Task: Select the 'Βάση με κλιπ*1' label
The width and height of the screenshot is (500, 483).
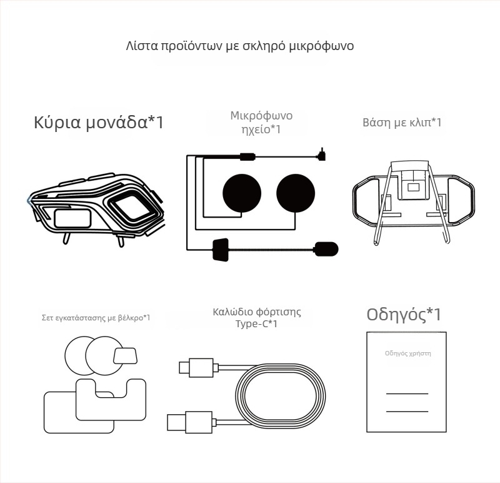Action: coord(402,122)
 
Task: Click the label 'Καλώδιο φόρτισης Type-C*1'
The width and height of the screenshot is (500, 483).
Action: coord(256,317)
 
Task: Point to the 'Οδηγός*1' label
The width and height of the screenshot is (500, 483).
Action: coord(407,315)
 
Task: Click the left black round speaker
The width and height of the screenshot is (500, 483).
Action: coord(242,191)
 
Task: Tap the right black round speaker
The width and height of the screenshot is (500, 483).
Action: coord(295,191)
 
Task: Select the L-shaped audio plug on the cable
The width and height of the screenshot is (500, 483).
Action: coord(321,154)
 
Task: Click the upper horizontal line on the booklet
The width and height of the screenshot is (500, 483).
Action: coord(407,394)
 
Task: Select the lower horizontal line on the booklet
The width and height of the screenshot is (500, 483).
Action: coord(407,411)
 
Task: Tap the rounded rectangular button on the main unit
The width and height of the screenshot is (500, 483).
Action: coord(72,218)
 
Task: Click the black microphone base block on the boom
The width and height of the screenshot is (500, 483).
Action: coord(221,248)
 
